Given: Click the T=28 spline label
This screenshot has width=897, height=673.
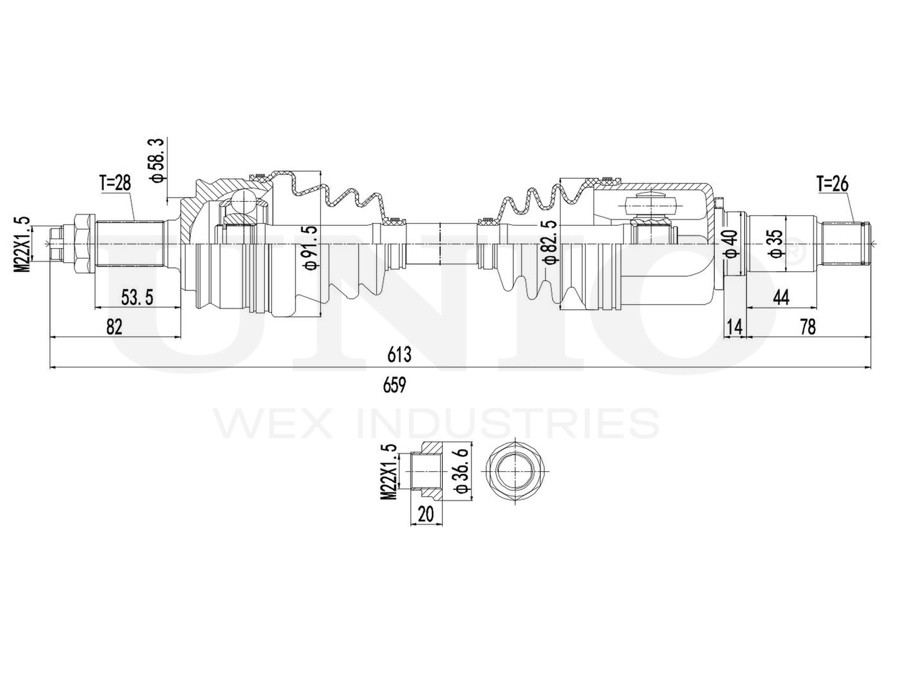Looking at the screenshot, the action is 115,184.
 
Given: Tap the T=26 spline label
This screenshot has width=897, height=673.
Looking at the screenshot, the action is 833,184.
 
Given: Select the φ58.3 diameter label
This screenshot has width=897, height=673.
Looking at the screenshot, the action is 157,161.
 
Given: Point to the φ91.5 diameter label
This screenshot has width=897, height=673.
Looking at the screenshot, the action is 308,247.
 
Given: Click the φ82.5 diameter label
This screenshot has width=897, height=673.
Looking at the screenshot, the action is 551,242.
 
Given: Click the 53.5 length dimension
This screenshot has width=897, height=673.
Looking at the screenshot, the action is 137,297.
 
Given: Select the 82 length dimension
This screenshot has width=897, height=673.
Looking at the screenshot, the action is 115,327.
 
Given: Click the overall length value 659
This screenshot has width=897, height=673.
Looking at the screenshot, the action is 395,385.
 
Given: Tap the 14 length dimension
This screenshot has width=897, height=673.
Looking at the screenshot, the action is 734,327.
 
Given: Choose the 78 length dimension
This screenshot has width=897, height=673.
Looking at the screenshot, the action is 807,327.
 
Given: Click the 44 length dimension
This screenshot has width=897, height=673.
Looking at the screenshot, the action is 781,297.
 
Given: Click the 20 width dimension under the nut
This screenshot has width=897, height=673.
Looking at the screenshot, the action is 425,514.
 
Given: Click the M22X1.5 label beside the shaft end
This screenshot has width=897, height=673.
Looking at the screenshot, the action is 24,243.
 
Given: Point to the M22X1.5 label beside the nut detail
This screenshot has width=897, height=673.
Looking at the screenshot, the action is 390,471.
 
